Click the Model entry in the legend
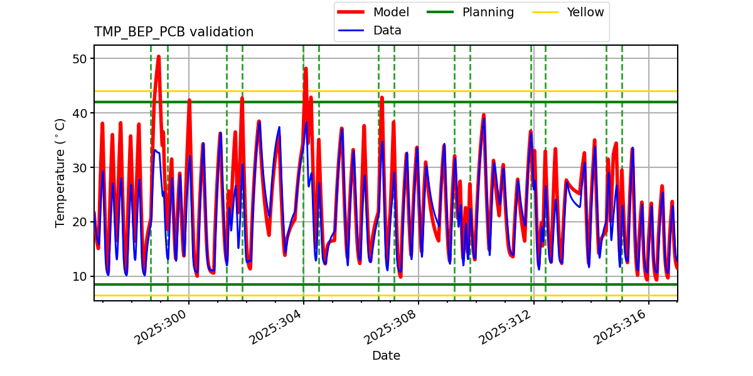[x=391, y=12]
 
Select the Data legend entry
[x=387, y=30]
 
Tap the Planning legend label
[x=488, y=12]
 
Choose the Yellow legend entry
[x=585, y=12]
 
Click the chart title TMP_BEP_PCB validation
[x=174, y=32]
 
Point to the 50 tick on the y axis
[x=80, y=59]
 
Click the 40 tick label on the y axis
[x=80, y=113]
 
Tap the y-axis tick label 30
[x=80, y=168]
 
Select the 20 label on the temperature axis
[x=80, y=222]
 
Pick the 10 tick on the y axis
[x=80, y=276]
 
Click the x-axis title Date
[x=386, y=356]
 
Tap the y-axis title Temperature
[x=60, y=172]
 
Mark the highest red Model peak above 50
[x=158, y=56]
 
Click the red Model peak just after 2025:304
[x=306, y=68]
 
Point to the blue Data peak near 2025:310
[x=484, y=119]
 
